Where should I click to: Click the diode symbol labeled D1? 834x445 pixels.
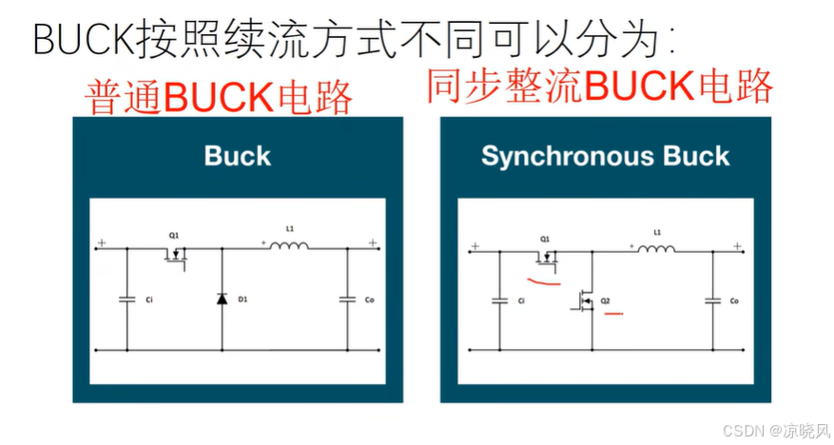[x=223, y=299]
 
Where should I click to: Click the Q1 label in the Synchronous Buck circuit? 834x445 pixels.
[x=545, y=239]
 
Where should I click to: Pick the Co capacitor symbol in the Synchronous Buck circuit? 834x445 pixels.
[x=712, y=301]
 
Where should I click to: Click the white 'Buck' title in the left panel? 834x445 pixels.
[x=238, y=156]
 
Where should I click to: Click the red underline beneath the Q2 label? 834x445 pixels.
[x=612, y=312]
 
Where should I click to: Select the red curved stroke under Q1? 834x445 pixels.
[x=544, y=281]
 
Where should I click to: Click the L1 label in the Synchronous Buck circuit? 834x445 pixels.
[x=657, y=232]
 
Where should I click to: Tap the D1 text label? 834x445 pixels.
[x=242, y=300]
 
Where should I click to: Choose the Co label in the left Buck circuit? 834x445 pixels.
[x=370, y=300]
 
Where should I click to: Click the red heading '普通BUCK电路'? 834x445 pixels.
[x=219, y=98]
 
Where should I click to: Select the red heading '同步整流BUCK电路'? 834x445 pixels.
[x=599, y=86]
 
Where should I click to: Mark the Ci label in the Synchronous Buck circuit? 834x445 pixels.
[x=520, y=301]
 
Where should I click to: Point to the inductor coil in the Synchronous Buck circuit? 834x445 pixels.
[x=656, y=249]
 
